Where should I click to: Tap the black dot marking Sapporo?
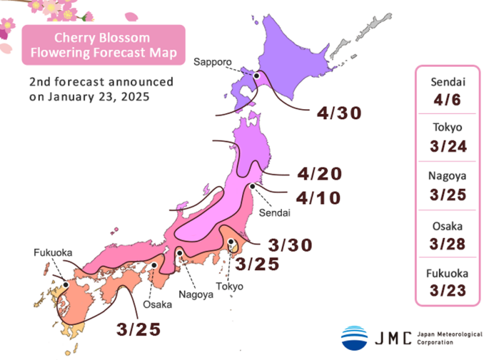click(256, 76)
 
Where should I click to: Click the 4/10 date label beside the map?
click(319, 198)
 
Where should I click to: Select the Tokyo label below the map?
click(231, 286)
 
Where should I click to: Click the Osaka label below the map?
click(157, 304)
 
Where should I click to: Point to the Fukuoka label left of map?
click(52, 253)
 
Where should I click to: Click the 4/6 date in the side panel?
click(448, 99)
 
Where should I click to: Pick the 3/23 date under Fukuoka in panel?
click(448, 290)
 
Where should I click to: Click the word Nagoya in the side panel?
click(448, 176)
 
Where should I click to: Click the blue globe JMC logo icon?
click(354, 338)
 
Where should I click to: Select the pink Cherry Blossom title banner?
click(104, 44)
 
